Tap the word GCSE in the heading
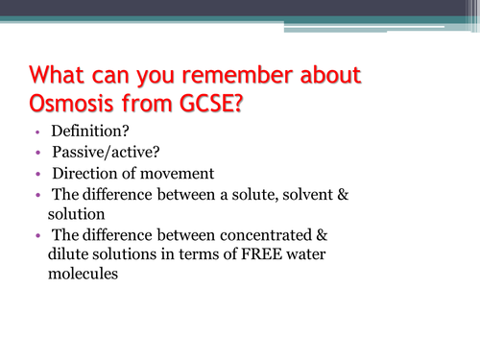(x=199, y=103)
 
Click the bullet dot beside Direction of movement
(x=36, y=176)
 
